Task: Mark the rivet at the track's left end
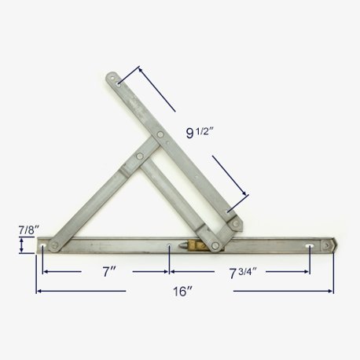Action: point(58,246)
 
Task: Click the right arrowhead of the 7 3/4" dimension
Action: point(309,272)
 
